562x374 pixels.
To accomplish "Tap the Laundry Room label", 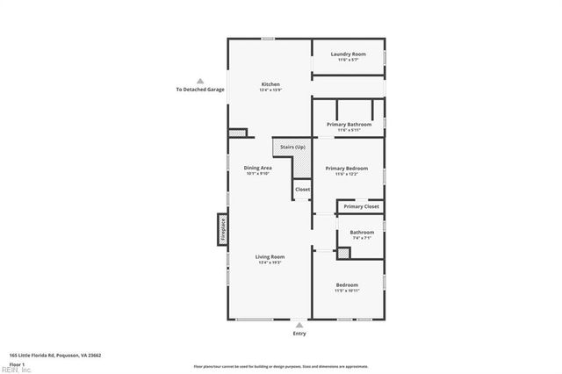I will (x=349, y=54).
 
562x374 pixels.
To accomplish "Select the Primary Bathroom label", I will (x=349, y=125).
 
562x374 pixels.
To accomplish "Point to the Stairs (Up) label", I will (x=292, y=147).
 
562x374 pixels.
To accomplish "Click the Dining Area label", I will (x=257, y=167).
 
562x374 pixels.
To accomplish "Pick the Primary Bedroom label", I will (x=346, y=168).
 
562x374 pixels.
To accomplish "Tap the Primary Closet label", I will (x=361, y=206).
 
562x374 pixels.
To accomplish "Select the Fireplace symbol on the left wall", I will (x=223, y=230).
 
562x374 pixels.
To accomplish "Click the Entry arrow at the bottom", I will (x=300, y=325).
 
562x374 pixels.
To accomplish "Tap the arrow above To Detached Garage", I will (x=199, y=81).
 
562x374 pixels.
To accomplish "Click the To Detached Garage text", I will (x=199, y=90).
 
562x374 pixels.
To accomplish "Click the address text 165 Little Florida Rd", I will (x=55, y=355).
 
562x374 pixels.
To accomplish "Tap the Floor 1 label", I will (x=16, y=363).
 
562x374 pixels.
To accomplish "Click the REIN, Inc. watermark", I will (x=15, y=370).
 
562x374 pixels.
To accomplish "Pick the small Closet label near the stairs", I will (x=302, y=190).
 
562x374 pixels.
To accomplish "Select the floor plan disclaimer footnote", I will (x=281, y=366).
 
